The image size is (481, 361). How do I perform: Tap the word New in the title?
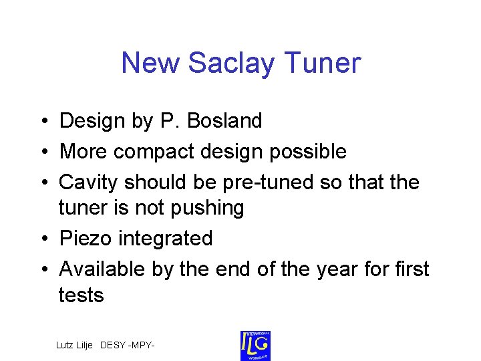tap(150, 64)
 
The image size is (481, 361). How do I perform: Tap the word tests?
tap(82, 295)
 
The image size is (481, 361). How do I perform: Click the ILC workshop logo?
tap(255, 346)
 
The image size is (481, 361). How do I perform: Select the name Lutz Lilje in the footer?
tap(75, 346)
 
